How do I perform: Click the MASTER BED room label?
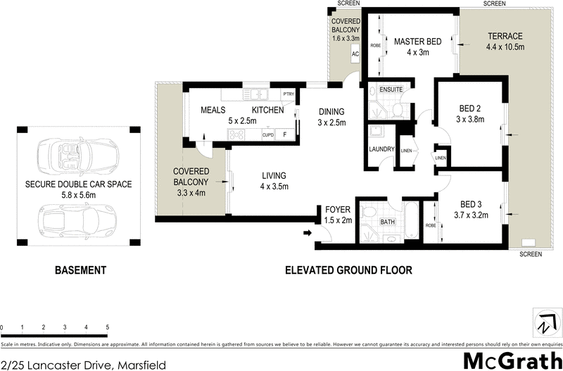point(417,42)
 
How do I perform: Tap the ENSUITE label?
point(391,90)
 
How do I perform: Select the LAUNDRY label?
point(380,149)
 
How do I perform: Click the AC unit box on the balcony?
point(356,54)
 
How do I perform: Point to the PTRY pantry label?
point(288,94)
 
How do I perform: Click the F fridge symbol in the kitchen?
point(285,134)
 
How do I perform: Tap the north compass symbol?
point(543,323)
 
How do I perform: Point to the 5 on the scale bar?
point(107,327)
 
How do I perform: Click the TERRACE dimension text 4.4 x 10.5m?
point(505,47)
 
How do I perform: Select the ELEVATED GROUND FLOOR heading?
point(348,270)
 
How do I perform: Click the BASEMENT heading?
point(80,270)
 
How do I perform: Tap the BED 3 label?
point(469,205)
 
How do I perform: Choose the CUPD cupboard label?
point(267,134)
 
